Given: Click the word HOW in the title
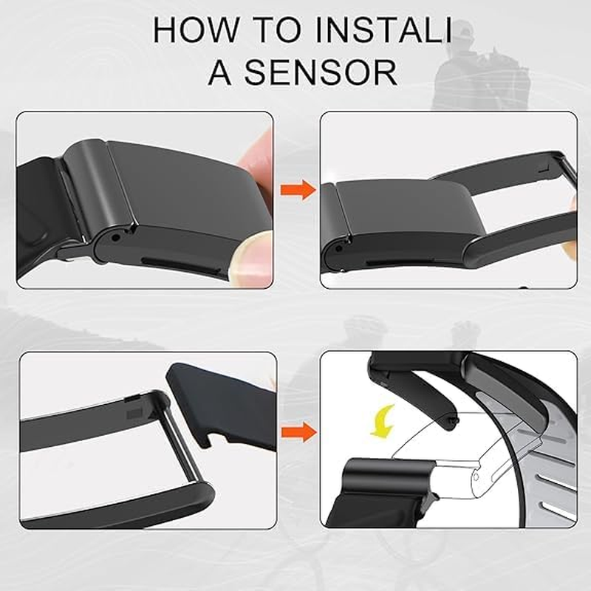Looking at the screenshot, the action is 197,30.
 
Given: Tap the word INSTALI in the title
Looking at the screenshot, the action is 383,30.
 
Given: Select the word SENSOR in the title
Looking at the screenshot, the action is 321,72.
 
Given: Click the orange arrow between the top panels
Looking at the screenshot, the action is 298,189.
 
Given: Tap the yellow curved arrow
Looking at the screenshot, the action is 383,420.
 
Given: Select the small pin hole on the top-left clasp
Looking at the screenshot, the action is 117,238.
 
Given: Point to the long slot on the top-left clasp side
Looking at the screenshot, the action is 182,264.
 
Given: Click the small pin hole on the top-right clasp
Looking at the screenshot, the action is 338,249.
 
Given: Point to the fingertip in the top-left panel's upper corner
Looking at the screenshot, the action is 256,151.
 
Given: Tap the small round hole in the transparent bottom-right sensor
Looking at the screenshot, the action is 476,477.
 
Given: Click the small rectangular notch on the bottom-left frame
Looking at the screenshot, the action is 134,414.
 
